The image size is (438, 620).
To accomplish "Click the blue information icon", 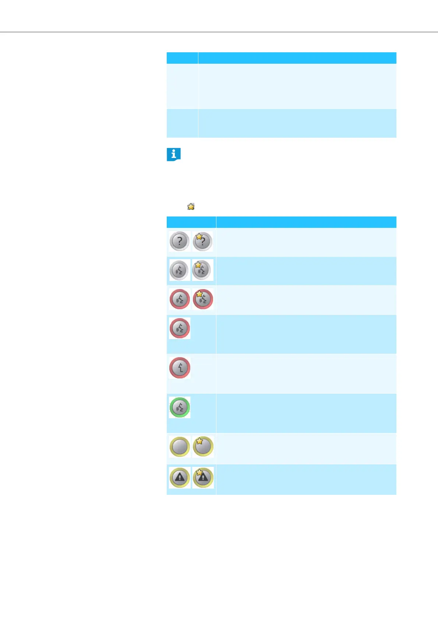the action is [x=173, y=154].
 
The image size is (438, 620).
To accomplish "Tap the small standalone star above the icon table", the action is [x=191, y=207].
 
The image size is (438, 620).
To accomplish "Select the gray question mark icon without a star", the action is [x=180, y=242].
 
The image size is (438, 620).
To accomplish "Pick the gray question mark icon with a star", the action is [x=202, y=242].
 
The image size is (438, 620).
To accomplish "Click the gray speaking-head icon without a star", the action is [x=180, y=270].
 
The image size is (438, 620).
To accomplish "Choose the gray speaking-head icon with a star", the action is [x=202, y=270].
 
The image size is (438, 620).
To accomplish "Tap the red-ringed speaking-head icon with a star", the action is [x=202, y=299].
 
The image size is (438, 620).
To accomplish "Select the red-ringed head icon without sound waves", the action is [x=180, y=367].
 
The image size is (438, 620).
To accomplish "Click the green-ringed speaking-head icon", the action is [x=180, y=407].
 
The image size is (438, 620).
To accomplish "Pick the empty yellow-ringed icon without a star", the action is [x=180, y=446].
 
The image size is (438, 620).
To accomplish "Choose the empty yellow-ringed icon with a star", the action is [x=203, y=446].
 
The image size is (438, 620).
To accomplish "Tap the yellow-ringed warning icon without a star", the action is [x=180, y=478].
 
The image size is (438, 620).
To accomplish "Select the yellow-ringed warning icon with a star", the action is [x=203, y=478].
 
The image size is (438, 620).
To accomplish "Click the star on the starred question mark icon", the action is [x=199, y=237].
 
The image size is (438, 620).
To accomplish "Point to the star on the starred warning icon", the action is [x=199, y=472].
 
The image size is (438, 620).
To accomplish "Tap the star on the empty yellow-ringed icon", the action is [x=199, y=441].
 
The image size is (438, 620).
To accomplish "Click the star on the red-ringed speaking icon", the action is [x=199, y=294].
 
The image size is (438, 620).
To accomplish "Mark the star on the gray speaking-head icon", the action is [x=198, y=265].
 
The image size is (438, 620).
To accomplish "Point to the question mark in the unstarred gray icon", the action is [x=180, y=242].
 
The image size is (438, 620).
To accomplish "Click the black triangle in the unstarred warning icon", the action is [x=180, y=478].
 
